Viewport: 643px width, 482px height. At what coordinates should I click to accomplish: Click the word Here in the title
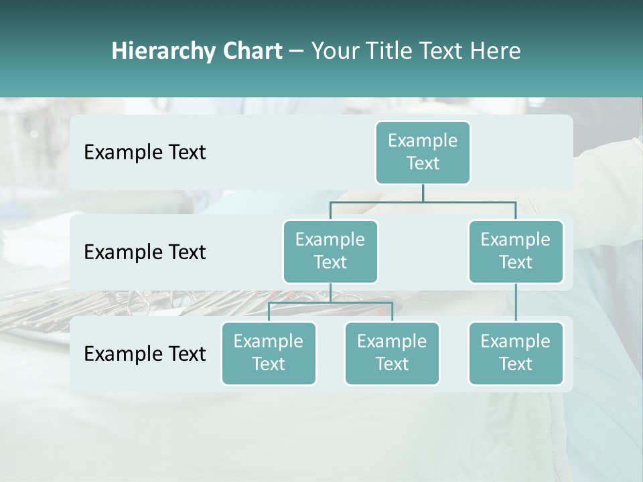pyautogui.click(x=496, y=52)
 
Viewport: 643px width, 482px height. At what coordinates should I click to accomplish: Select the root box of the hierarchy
pyautogui.click(x=423, y=152)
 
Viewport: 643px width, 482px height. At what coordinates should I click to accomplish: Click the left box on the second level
pyautogui.click(x=330, y=251)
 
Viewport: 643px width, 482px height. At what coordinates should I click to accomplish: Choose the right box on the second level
pyautogui.click(x=516, y=251)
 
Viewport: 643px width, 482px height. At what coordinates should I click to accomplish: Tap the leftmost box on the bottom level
pyautogui.click(x=269, y=353)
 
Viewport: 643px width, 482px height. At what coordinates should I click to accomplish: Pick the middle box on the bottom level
pyautogui.click(x=392, y=353)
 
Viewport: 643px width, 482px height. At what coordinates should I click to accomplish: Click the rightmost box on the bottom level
pyautogui.click(x=516, y=353)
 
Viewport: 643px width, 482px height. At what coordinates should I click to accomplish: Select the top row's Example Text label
pyautogui.click(x=145, y=153)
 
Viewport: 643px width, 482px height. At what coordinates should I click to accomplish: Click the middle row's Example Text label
pyautogui.click(x=145, y=252)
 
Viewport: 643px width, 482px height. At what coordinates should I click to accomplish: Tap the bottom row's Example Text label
pyautogui.click(x=145, y=354)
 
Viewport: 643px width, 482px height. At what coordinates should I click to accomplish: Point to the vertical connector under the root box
pyautogui.click(x=423, y=193)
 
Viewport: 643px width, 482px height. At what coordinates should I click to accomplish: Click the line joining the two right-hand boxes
pyautogui.click(x=516, y=303)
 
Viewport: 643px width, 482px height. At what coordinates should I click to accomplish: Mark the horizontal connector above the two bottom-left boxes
pyautogui.click(x=330, y=303)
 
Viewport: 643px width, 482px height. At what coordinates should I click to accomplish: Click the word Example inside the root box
pyautogui.click(x=423, y=141)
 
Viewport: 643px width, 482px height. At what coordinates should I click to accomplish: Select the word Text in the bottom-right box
pyautogui.click(x=516, y=364)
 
